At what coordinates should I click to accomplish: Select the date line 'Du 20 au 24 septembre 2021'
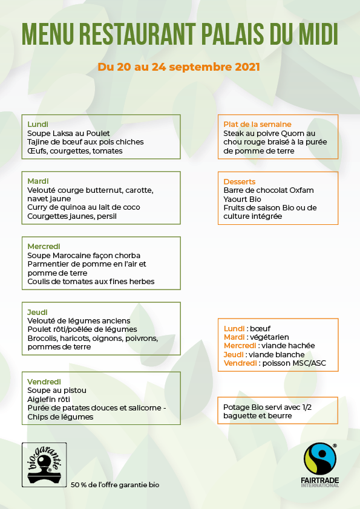pos(179,66)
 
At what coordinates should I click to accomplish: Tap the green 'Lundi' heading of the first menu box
pos(38,125)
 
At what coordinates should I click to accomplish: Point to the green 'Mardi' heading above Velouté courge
pos(38,181)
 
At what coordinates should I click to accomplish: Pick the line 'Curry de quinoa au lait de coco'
pos(83,207)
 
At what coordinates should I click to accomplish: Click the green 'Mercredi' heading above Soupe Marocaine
pos(44,246)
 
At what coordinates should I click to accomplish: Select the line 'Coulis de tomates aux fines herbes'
pos(91,281)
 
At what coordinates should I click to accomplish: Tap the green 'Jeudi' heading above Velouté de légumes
pos(38,312)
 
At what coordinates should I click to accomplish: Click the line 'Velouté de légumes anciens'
pos(79,320)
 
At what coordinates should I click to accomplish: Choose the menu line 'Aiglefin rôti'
pos(49,399)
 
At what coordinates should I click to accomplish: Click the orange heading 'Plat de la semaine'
pos(257,125)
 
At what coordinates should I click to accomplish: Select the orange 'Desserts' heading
pos(240,181)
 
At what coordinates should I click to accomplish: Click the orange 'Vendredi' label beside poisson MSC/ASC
pos(240,363)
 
